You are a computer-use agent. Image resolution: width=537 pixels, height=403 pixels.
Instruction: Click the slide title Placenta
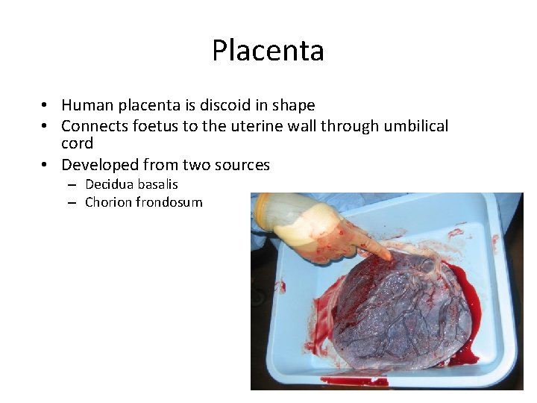[x=268, y=51]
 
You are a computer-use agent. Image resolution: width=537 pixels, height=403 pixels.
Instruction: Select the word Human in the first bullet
[x=87, y=105]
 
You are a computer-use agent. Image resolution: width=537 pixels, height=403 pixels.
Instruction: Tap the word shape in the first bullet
[x=292, y=105]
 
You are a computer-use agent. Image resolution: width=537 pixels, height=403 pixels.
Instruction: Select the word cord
[x=77, y=143]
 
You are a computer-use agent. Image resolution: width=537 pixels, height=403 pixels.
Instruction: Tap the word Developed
[x=98, y=165]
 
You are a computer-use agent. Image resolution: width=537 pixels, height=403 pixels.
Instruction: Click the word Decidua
[x=110, y=184]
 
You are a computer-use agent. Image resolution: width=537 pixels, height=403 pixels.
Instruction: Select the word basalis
[x=157, y=184]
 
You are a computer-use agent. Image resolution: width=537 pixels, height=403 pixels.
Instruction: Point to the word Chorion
[x=108, y=202]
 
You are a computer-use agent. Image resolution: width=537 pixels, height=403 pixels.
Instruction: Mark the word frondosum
[x=169, y=202]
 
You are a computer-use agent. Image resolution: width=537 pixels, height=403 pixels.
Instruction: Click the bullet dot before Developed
[x=45, y=165]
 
